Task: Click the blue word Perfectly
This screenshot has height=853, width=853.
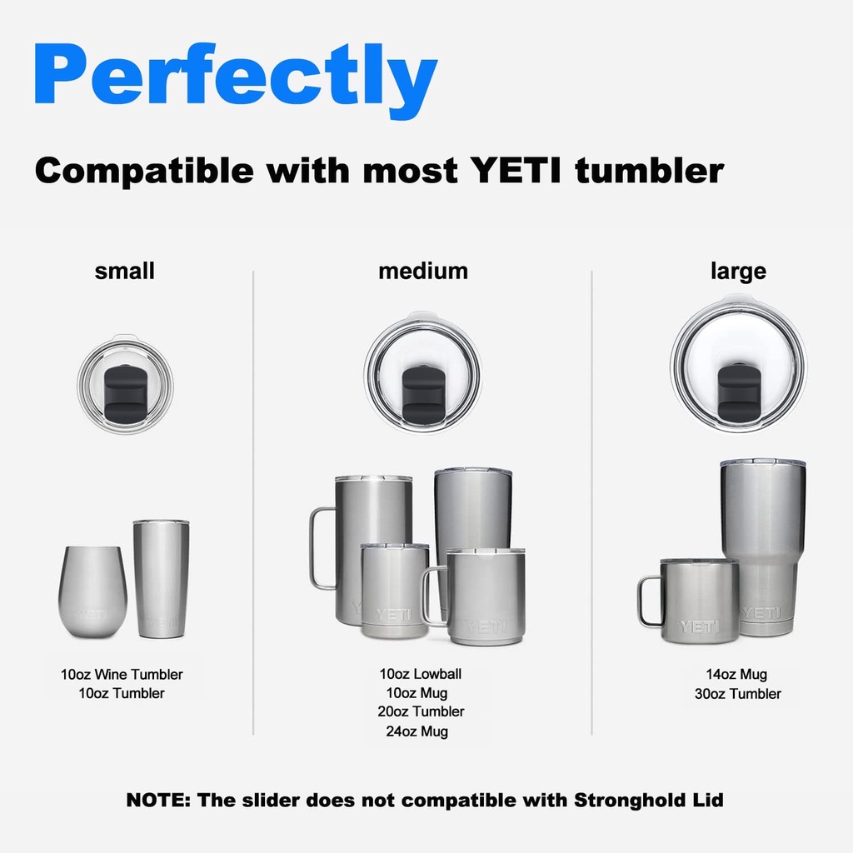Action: click(236, 80)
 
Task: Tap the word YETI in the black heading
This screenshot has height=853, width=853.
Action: click(515, 170)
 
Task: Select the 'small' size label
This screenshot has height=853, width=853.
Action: click(125, 271)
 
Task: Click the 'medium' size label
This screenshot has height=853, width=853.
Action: click(423, 271)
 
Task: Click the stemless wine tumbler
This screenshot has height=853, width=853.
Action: click(92, 592)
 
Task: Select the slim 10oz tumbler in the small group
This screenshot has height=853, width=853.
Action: click(162, 579)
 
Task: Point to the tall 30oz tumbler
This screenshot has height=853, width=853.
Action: click(763, 547)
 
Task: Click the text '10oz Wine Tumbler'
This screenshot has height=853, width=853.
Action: click(122, 675)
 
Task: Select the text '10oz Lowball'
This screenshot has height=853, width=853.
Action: click(421, 674)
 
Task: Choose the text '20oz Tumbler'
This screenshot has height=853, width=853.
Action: click(421, 711)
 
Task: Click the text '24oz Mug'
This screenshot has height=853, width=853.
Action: click(417, 731)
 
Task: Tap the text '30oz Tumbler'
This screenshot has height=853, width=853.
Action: click(738, 694)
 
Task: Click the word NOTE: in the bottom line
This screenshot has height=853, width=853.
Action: click(158, 801)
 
